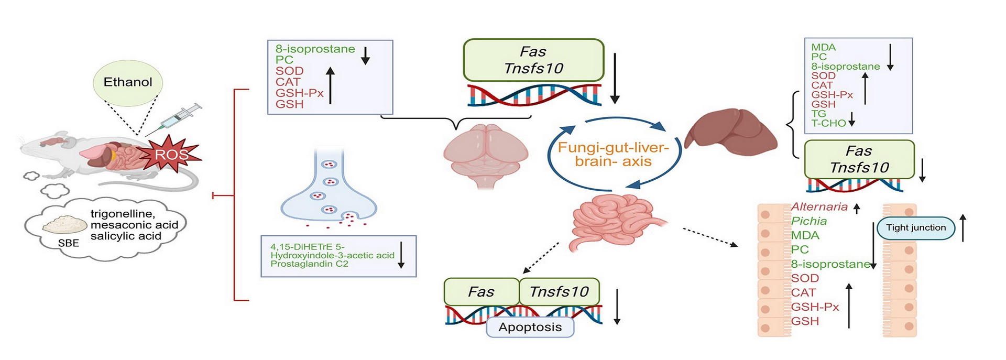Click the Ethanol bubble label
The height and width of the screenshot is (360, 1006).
tap(128, 82)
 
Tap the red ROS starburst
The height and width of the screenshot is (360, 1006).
tap(171, 154)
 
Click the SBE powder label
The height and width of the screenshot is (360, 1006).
tap(69, 243)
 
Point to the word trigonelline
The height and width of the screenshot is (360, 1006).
tap(123, 214)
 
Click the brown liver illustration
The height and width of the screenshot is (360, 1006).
tap(731, 131)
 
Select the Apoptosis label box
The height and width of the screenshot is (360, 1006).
tap(530, 328)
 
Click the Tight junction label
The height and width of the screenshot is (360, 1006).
tap(916, 228)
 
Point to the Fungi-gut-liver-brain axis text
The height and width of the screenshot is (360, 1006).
tap(613, 154)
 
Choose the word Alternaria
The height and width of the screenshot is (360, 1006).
tap(819, 207)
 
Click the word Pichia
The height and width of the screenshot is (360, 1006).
tap(809, 221)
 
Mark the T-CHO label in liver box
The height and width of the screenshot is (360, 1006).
tap(828, 123)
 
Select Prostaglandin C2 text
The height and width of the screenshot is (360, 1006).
tap(309, 264)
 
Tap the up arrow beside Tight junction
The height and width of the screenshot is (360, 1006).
tap(963, 227)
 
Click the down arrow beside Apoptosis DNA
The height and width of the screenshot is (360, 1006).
tap(617, 307)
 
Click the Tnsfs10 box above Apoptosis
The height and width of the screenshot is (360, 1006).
tap(559, 292)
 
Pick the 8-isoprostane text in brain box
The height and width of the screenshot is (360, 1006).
tap(315, 49)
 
